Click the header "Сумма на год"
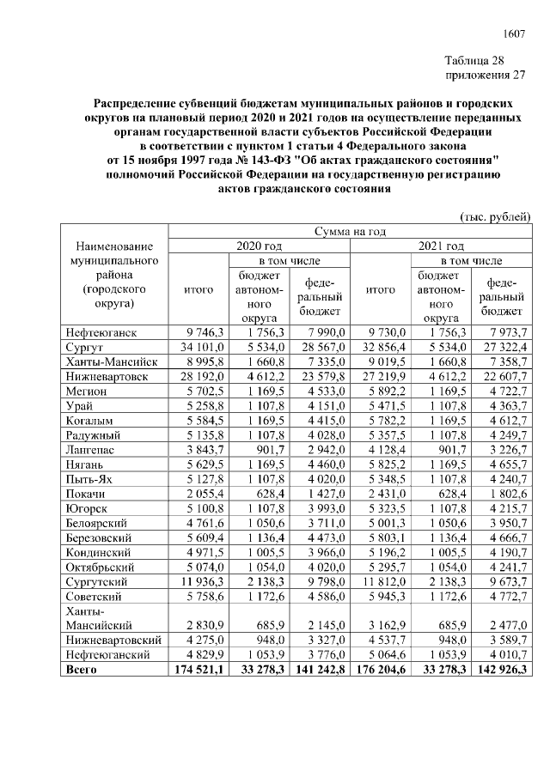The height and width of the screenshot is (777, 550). pyautogui.click(x=350, y=231)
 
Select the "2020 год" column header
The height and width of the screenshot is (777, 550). pyautogui.click(x=259, y=246)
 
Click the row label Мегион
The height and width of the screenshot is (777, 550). pyautogui.click(x=88, y=387)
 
